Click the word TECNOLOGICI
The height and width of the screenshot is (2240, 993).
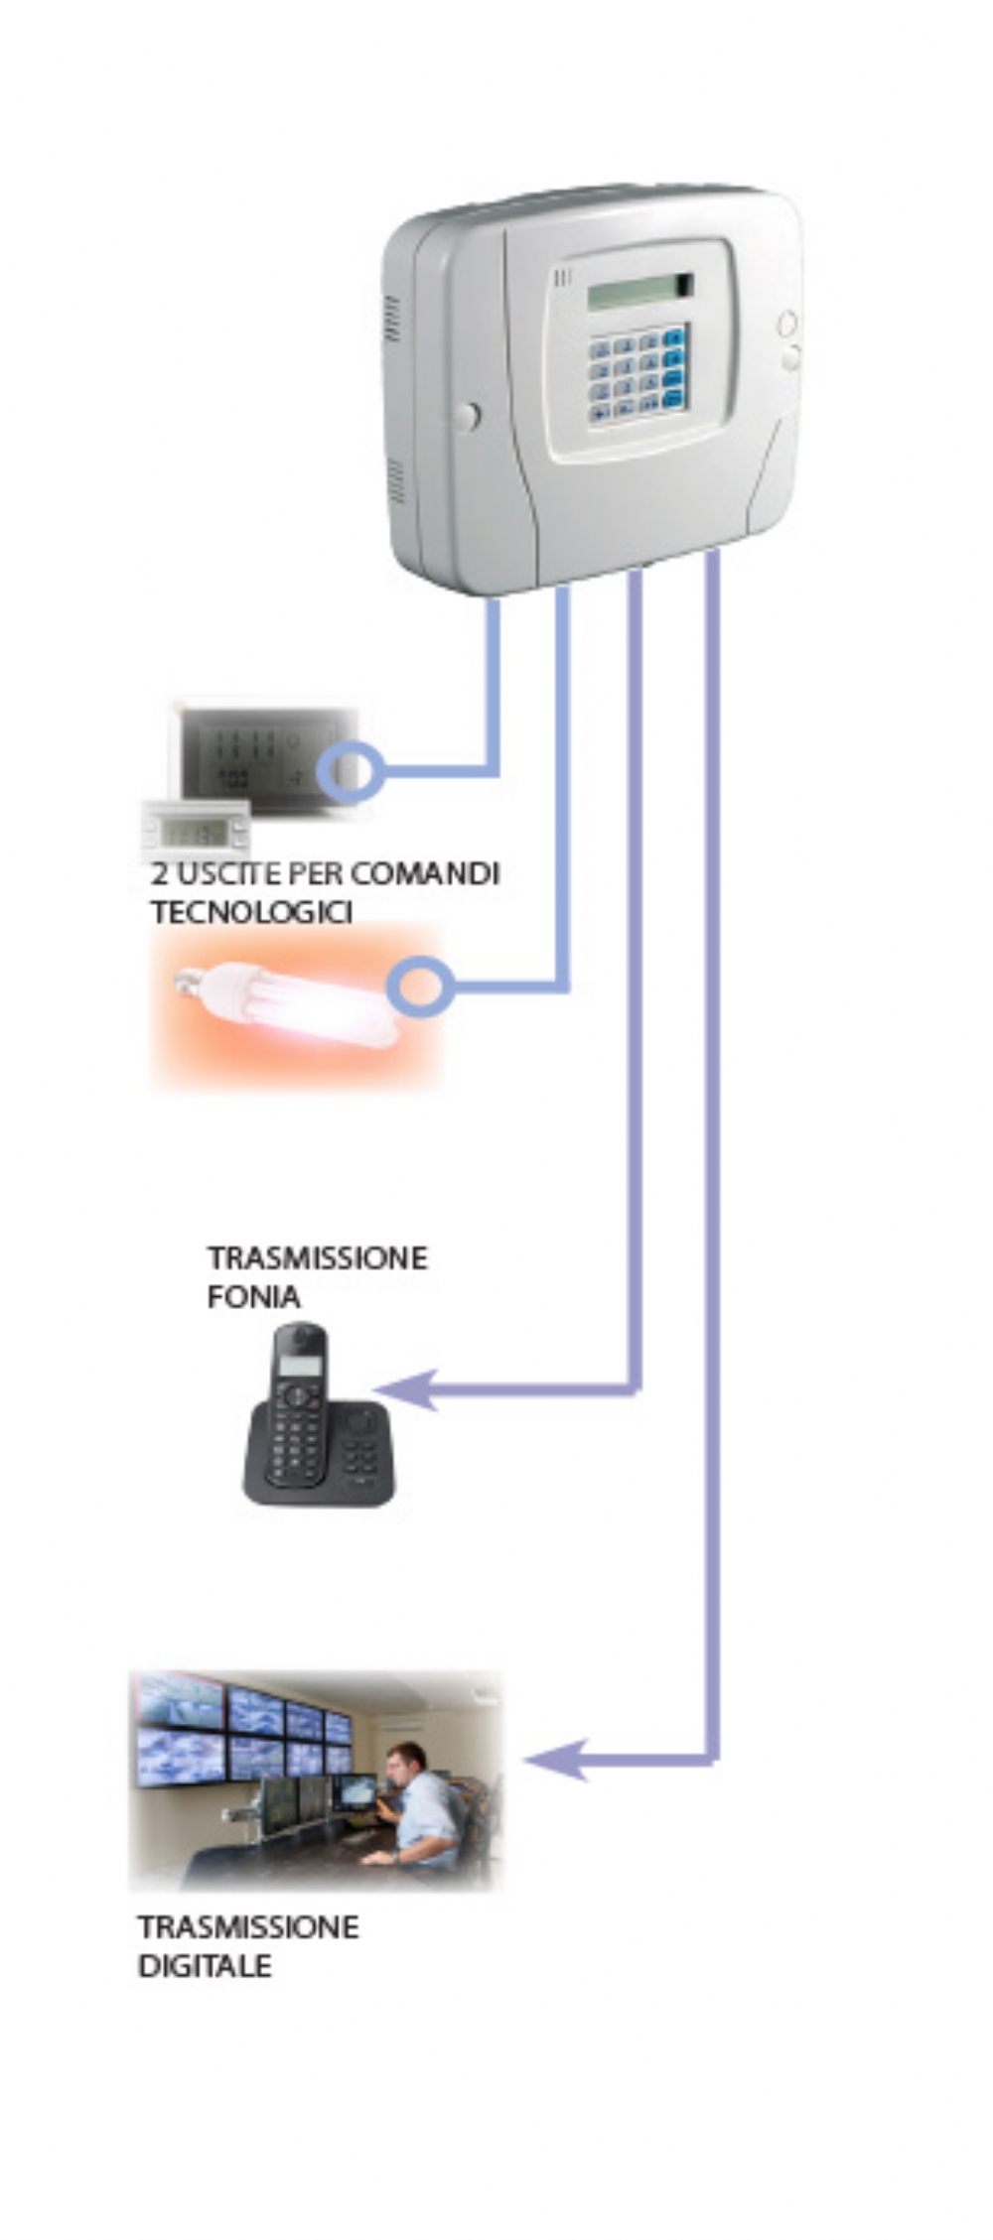pos(251,912)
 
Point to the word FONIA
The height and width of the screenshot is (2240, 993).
pos(253,1296)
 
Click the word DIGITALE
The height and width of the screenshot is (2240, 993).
pos(205,1965)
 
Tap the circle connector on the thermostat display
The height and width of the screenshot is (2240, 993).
pos(350,771)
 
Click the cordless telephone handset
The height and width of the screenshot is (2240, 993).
pos(298,1404)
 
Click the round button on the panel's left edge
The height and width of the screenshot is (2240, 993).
pos(466,416)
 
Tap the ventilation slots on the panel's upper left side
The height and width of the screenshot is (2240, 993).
pos(392,319)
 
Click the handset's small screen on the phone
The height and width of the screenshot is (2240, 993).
pos(299,1365)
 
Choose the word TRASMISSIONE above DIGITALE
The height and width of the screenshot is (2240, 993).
pos(248,1926)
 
